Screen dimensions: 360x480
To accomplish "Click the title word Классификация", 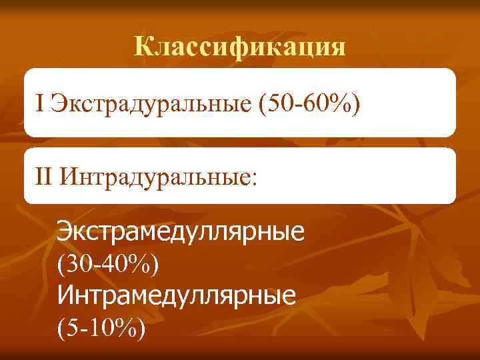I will coord(240,47).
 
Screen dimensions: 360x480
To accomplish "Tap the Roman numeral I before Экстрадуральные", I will coord(41,103).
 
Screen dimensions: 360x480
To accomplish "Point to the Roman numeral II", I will coord(45,177).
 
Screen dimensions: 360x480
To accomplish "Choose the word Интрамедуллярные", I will coord(177,295).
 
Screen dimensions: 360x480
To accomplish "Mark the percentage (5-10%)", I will coord(101,327).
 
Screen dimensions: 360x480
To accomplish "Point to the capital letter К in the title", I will coord(142,47).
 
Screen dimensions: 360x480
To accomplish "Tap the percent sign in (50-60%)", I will coord(341,103).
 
